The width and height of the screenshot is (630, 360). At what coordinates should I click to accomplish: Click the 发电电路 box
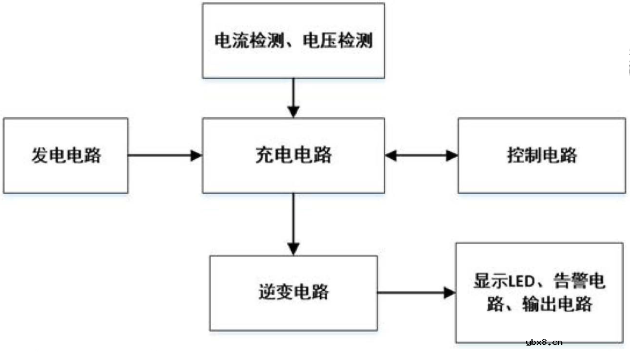pos(65,156)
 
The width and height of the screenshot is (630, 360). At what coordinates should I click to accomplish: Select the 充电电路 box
pos(293,156)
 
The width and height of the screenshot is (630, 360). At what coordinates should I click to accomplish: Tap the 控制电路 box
pos(541,156)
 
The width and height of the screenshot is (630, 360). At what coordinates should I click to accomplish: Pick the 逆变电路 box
pos(293,292)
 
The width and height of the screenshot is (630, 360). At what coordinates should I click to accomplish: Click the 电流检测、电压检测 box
pos(293,41)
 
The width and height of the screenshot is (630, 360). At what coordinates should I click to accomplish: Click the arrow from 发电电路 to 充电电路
pos(164,156)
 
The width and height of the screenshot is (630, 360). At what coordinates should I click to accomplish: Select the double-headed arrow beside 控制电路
pos(421,156)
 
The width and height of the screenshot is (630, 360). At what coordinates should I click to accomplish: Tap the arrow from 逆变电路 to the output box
pos(416,292)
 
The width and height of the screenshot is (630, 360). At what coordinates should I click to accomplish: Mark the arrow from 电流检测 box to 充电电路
pos(293,97)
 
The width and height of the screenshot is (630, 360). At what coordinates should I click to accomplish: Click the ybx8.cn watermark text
pos(544,342)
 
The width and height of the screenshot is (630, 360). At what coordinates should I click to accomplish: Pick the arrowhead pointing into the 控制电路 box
pos(452,156)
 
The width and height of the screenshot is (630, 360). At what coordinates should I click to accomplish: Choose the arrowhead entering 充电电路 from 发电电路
pos(197,156)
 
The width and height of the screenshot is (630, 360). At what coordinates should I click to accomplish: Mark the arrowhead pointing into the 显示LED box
pos(449,292)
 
